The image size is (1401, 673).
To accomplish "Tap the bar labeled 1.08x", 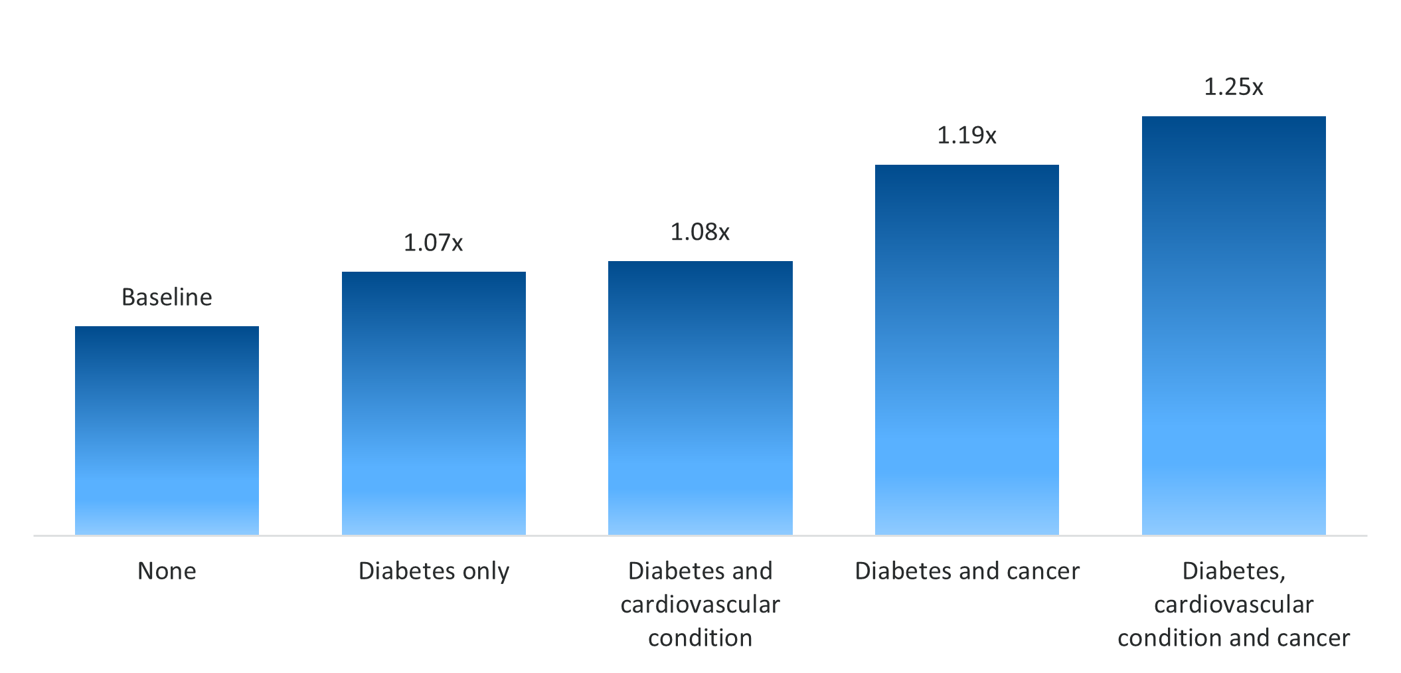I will tap(700, 398).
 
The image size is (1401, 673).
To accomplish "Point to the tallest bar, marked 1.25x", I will tap(1234, 326).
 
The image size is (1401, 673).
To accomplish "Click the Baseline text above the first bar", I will tap(167, 297).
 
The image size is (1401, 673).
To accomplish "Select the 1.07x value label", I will tap(433, 243).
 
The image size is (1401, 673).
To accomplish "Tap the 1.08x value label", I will tap(700, 232).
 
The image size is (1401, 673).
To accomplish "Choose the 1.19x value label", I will tap(967, 136).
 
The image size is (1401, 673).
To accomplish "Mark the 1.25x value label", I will tap(1234, 87).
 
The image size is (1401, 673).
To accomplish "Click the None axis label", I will tap(167, 571).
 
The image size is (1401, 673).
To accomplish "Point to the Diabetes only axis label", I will tap(434, 571).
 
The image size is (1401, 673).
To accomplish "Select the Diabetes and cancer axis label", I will tap(967, 571).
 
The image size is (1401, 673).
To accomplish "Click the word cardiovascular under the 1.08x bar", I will tap(700, 605).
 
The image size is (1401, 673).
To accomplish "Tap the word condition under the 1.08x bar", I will tap(700, 638).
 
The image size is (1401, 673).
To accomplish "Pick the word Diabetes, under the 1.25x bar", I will tap(1234, 571).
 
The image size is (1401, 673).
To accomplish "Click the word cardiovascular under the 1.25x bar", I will tap(1234, 605).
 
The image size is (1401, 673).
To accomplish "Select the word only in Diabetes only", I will tap(486, 571).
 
